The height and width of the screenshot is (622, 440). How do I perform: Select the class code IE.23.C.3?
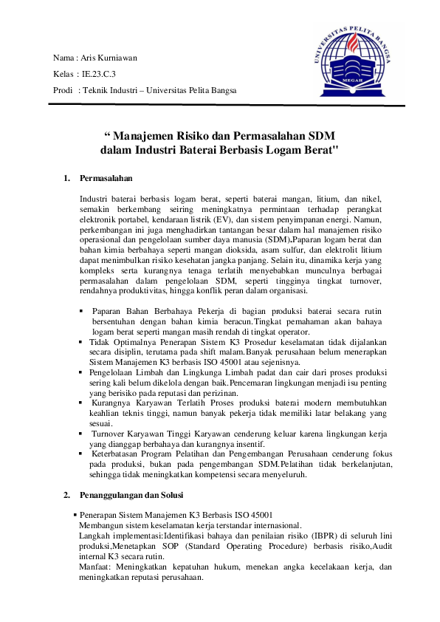(x=99, y=74)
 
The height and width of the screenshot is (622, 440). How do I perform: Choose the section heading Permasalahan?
(x=106, y=178)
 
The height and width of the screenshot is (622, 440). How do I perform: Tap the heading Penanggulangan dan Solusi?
(x=131, y=493)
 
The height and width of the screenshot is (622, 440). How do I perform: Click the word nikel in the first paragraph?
(x=372, y=199)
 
